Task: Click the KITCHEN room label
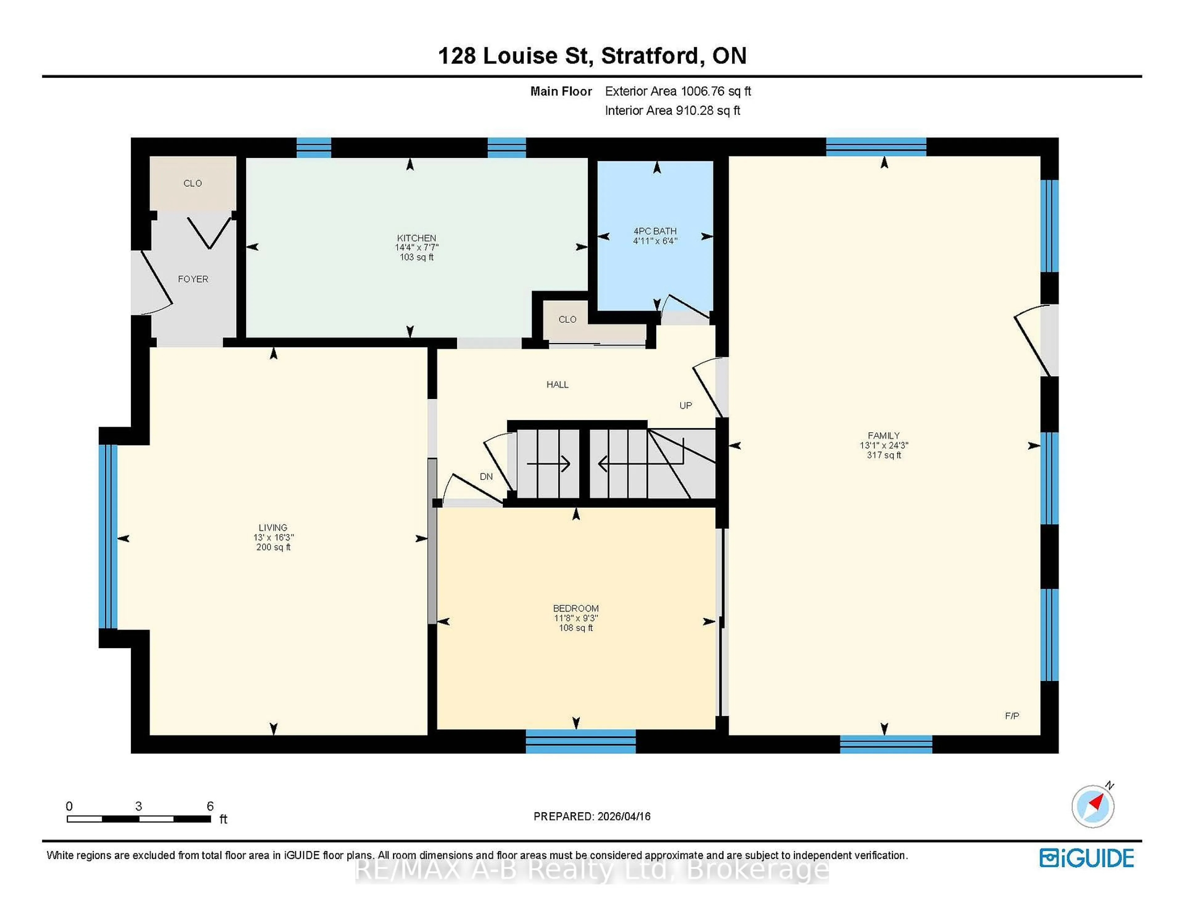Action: (x=416, y=238)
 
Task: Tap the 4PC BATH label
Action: (x=655, y=231)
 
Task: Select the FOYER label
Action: (x=193, y=279)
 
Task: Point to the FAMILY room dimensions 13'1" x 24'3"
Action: (x=884, y=445)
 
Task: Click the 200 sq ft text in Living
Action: (x=273, y=548)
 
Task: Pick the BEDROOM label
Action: (x=576, y=608)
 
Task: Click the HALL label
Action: (x=557, y=385)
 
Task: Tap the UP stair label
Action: (x=685, y=405)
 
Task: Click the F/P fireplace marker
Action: (x=1012, y=716)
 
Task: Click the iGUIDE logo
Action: (x=1087, y=858)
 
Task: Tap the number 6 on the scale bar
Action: (x=210, y=806)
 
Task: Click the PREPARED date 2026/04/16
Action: (x=623, y=816)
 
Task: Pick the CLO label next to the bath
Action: (x=567, y=319)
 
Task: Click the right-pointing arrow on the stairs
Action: (x=548, y=464)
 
